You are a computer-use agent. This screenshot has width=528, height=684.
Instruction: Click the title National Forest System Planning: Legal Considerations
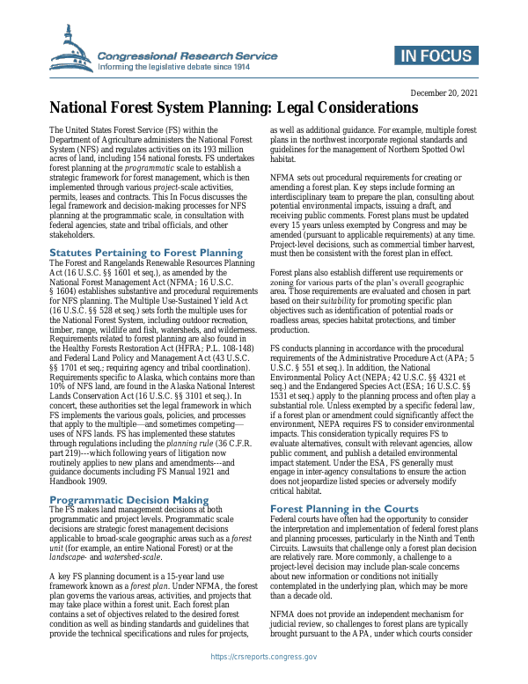[232, 108]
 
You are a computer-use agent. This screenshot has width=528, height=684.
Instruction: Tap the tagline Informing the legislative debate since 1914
[174, 67]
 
